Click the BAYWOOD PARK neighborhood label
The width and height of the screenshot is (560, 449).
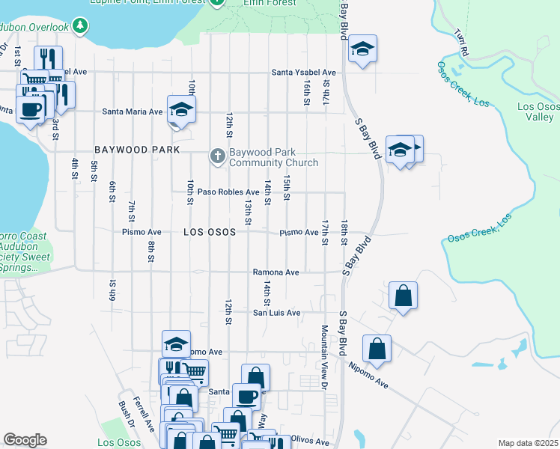[x=137, y=150]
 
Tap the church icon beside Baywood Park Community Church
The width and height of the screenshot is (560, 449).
[x=217, y=156]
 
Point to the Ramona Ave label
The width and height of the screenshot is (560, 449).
[x=276, y=272]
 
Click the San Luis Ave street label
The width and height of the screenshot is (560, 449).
[x=276, y=313]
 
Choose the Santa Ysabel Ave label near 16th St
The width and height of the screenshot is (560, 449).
[x=303, y=73]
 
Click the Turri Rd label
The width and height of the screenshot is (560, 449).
[x=461, y=43]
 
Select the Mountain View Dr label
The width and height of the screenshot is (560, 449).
[x=325, y=357]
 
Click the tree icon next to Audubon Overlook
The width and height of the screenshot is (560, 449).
[x=80, y=28]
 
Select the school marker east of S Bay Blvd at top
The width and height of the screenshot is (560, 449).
[x=363, y=49]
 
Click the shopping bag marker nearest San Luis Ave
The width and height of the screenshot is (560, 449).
[x=403, y=296]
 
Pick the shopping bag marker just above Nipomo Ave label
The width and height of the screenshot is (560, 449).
[x=377, y=348]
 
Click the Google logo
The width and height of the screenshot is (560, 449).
[x=25, y=440]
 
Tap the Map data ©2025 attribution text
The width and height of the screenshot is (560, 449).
[x=529, y=443]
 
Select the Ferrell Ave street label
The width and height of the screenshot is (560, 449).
[x=142, y=415]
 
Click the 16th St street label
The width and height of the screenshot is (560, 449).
[x=307, y=94]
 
